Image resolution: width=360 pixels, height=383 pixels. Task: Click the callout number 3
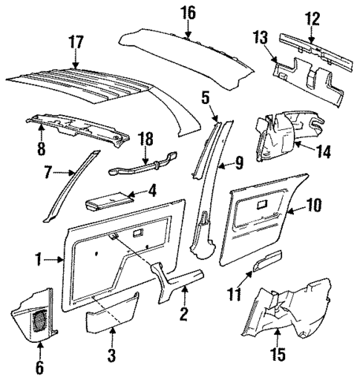point(111,357)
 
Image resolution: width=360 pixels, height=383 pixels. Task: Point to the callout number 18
point(148,138)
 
